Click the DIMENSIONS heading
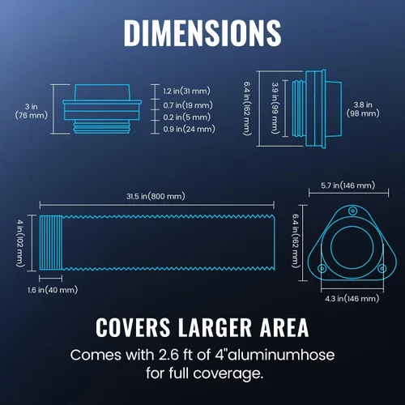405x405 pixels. click(202, 33)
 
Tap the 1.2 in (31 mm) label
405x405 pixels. click(186, 91)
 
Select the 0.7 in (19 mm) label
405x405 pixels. click(188, 105)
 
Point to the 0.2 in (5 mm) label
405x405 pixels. click(187, 117)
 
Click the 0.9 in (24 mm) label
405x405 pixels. click(189, 129)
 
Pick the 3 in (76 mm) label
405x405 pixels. click(32, 111)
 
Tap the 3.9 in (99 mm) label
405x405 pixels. click(275, 108)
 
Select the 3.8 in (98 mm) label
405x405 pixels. click(363, 109)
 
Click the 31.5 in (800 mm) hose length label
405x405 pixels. click(156, 196)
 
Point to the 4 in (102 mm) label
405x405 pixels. click(20, 243)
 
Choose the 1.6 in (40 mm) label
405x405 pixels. click(53, 290)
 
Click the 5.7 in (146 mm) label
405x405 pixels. click(348, 185)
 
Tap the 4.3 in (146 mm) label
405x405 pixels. click(352, 299)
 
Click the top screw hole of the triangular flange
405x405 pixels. click(352, 211)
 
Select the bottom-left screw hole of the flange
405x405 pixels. click(322, 268)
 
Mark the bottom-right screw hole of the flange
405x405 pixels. click(382, 268)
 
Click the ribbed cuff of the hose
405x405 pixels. click(51, 242)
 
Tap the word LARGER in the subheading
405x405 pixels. click(215, 327)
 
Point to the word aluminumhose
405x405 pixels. click(281, 355)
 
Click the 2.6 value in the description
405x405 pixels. click(168, 355)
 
